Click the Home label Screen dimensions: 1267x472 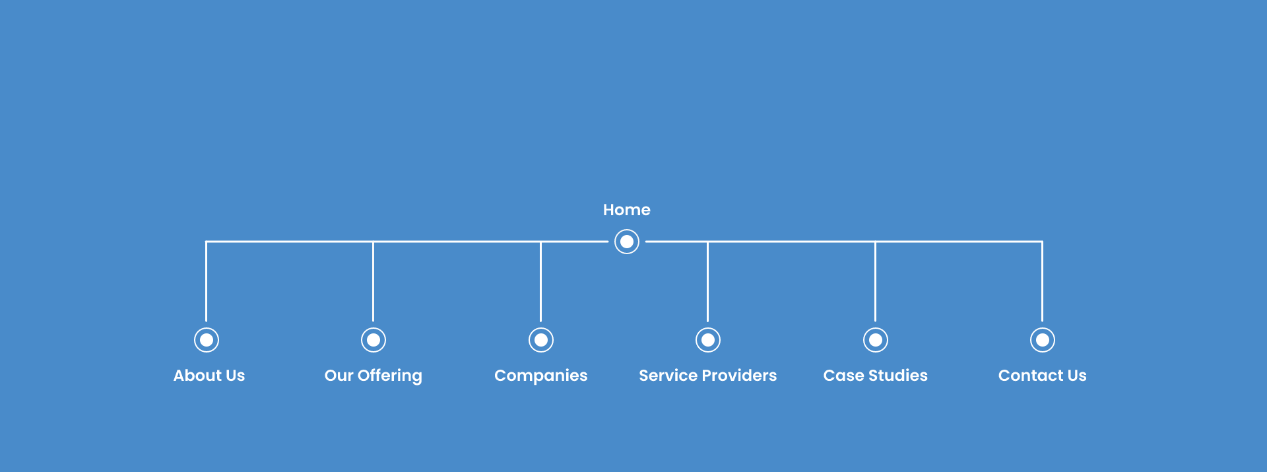coord(627,210)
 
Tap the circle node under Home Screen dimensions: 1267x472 coord(627,242)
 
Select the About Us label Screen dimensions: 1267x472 coord(209,376)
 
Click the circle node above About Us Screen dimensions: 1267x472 coord(207,340)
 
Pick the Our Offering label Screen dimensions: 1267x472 coord(374,376)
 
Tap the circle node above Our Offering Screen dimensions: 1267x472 coord(374,340)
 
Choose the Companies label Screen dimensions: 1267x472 coord(541,376)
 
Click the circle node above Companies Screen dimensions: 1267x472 coord(541,340)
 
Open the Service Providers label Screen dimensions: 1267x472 coord(708,376)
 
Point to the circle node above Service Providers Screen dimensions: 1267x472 coord(708,340)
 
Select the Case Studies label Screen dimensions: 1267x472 coord(876,376)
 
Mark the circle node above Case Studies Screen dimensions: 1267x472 coord(876,340)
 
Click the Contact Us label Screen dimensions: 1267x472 coord(1043,376)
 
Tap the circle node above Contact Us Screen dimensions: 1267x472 coord(1043,340)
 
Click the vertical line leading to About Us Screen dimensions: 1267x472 coord(207,281)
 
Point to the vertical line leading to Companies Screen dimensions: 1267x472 coord(541,281)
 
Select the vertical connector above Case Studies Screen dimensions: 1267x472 coord(876,281)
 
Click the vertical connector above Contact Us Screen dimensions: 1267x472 coord(1043,281)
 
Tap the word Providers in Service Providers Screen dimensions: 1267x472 coord(740,376)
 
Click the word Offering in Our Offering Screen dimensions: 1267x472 coord(390,376)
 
